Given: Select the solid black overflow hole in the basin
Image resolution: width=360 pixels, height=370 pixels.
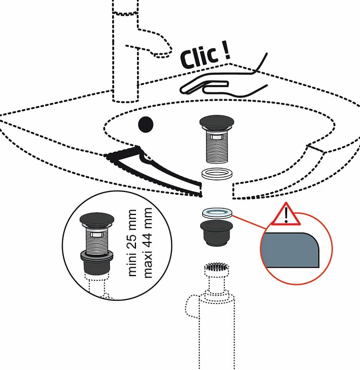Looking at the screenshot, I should coord(146,124).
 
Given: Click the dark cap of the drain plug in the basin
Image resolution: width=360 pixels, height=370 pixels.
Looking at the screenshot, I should coord(217,122).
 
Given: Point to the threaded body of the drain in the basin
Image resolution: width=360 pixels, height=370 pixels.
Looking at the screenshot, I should coord(217,148).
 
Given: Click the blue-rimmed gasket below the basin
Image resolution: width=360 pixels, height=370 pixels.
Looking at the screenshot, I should coord(217,213).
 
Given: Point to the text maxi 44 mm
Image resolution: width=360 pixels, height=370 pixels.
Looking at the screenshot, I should coord(147,243).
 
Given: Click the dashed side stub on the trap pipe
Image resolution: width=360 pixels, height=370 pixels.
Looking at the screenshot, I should coord(191,306).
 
